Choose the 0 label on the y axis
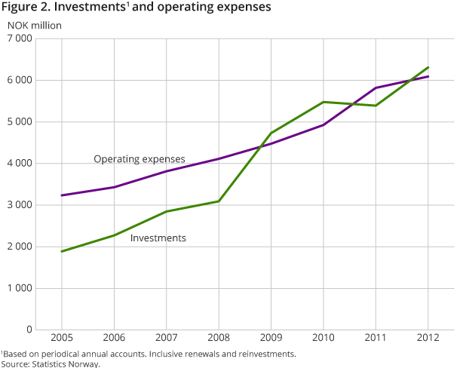coord(48,330)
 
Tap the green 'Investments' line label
coord(158,238)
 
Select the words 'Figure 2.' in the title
coord(23,8)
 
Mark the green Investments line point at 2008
coord(219,201)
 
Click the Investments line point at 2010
coord(324,102)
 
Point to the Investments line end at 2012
coord(428,67)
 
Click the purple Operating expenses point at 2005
coord(61,195)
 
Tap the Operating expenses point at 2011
coord(376,88)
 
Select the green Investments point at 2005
coord(61,251)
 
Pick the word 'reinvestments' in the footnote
coord(264,354)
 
